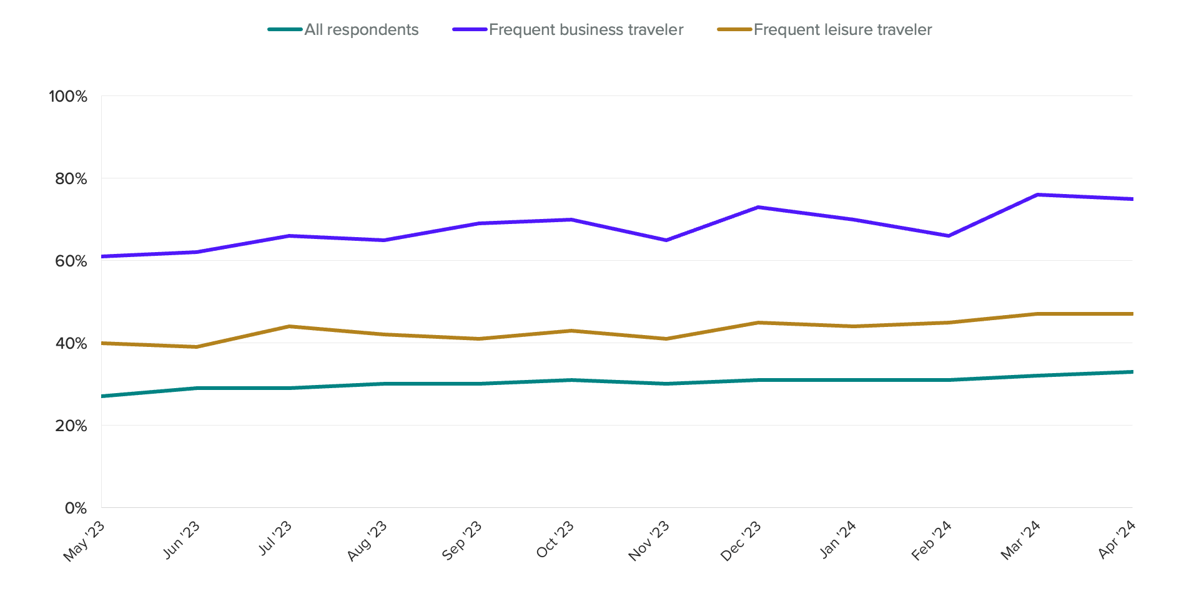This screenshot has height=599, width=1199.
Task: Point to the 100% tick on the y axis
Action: pos(68,96)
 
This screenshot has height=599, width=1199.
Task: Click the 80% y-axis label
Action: pos(71,178)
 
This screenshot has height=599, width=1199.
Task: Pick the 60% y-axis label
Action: pos(71,261)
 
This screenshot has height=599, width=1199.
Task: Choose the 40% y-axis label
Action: pos(71,343)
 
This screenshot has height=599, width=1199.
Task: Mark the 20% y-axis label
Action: pos(71,426)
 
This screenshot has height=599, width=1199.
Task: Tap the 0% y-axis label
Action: pos(76,508)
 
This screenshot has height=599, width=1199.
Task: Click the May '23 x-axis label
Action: pos(84,541)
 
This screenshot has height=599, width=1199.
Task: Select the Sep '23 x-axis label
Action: pos(462,540)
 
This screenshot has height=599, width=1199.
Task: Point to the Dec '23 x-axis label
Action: pos(741,540)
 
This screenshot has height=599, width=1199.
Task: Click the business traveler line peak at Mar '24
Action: pos(1038,195)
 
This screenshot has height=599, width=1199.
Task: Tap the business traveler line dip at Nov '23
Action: pos(666,240)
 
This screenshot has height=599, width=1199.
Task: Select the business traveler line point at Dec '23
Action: pos(757,207)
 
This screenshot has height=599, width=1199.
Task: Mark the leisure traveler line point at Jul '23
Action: pos(289,326)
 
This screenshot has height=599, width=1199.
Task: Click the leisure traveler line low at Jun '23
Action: pos(197,347)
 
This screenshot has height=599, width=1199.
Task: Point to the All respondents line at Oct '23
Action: pos(571,380)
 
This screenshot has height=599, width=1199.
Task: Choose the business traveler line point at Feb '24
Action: pos(948,236)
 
